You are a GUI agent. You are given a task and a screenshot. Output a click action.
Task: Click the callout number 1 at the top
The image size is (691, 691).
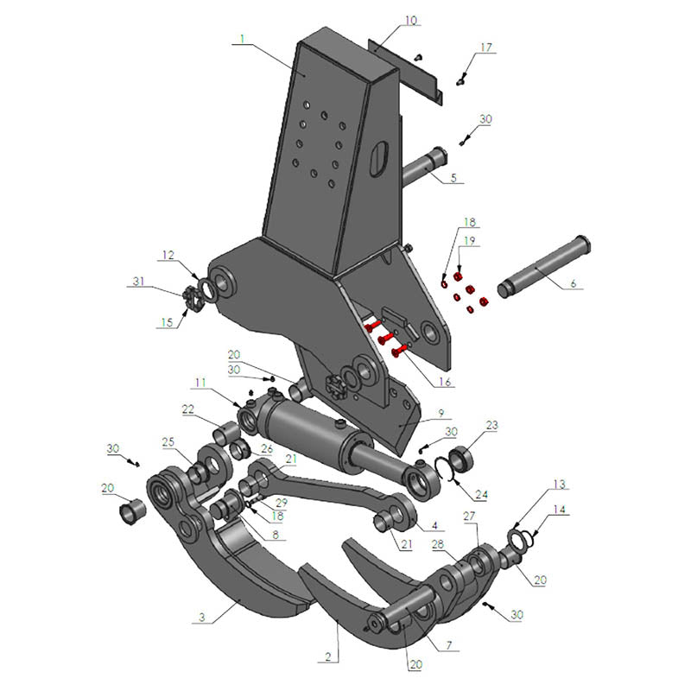click(244, 39)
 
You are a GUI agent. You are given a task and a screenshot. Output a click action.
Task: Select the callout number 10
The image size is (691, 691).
click(410, 20)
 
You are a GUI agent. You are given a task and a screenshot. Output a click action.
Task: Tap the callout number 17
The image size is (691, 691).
click(487, 48)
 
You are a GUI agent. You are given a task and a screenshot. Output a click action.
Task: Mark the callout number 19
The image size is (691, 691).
click(470, 239)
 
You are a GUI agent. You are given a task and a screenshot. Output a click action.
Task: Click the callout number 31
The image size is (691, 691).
click(137, 282)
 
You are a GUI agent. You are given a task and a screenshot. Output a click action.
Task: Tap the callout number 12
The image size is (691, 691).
click(168, 256)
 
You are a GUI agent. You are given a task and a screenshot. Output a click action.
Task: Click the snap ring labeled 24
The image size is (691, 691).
click(447, 470)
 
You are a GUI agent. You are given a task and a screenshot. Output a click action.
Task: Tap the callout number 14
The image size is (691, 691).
click(562, 510)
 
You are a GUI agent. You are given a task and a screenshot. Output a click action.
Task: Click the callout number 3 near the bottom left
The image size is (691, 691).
click(201, 618)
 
